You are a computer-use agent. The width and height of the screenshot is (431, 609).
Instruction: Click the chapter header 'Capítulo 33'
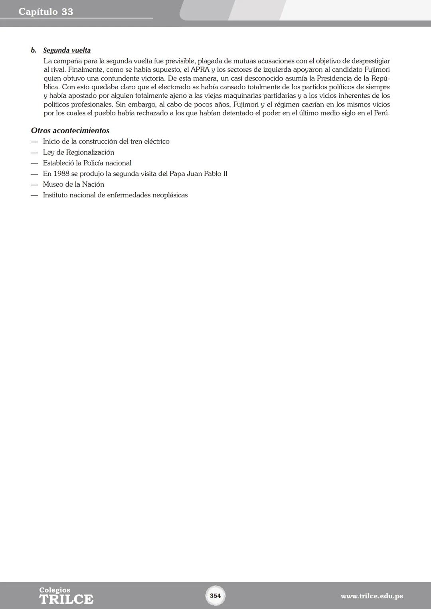coord(46,12)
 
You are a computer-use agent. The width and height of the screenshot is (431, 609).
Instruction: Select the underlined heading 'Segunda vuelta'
coord(67,51)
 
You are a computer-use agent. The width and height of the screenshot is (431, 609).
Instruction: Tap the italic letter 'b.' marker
coord(34,51)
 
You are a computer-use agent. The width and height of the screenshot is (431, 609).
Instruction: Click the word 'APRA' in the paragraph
coord(200,70)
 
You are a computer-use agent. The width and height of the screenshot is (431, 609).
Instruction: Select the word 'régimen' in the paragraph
coord(287,104)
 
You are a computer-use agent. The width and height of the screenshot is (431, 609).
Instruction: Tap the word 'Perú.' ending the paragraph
coord(381,113)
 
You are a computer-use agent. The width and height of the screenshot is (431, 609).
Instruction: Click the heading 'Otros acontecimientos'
coord(70,131)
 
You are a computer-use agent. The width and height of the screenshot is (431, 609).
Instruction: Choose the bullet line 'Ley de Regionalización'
coord(79,152)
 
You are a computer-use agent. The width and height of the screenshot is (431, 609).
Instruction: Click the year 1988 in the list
coord(61,174)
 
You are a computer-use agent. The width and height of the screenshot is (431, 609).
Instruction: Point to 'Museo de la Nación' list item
coord(73,184)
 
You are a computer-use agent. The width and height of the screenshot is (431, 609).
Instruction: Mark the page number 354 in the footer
coord(215,596)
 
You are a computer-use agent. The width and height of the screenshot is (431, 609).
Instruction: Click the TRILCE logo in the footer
coord(66,596)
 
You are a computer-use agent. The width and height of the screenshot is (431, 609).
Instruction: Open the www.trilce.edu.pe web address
coord(372,596)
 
